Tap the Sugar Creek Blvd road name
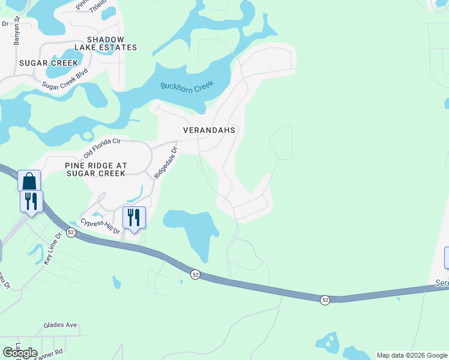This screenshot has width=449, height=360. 65,79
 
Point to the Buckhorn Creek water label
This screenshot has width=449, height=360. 187,86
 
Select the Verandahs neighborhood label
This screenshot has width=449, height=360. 209,130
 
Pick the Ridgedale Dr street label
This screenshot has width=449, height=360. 166,163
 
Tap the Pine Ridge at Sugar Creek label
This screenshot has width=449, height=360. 95,169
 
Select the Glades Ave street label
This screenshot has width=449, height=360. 60,325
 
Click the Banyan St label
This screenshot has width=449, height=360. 17,31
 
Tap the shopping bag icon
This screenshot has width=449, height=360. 29,181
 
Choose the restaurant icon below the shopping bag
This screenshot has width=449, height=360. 31,201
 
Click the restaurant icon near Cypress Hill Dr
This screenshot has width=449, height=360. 133,217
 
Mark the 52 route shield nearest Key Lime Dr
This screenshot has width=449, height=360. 71,232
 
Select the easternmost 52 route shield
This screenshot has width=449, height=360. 325,299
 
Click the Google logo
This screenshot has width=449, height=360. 20,353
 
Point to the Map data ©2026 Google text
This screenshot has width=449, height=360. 412,355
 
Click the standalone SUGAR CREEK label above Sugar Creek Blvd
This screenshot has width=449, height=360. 49,63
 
